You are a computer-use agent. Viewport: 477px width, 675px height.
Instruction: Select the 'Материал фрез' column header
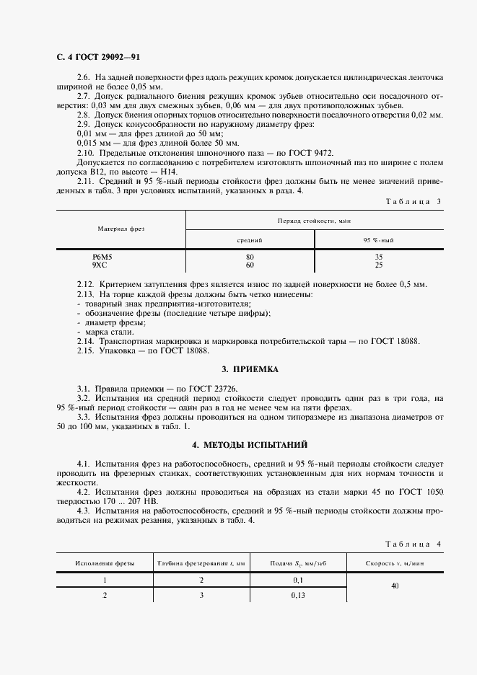pos(121,229)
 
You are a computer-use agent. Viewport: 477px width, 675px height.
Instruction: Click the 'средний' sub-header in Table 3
pos(250,239)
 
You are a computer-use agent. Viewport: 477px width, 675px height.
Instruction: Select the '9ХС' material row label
pos(100,265)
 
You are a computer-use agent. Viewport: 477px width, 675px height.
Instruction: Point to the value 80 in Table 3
pos(250,257)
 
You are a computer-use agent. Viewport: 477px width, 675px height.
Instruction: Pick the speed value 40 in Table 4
pos(395,586)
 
